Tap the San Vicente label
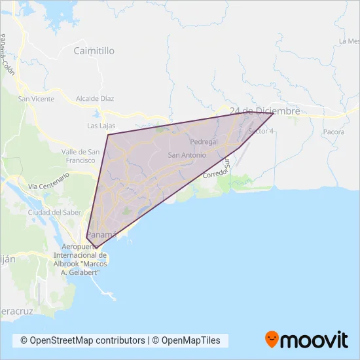[36, 99]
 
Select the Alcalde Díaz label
[95, 99]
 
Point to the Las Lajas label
[101, 125]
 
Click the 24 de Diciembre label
[260, 111]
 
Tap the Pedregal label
[202, 141]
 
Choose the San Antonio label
[187, 155]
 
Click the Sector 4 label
[261, 131]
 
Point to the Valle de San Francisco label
[80, 156]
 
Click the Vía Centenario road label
[48, 182]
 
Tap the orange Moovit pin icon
[272, 339]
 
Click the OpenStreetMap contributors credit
[82, 340]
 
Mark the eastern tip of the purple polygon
[273, 113]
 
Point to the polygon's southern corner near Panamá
[96, 247]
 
